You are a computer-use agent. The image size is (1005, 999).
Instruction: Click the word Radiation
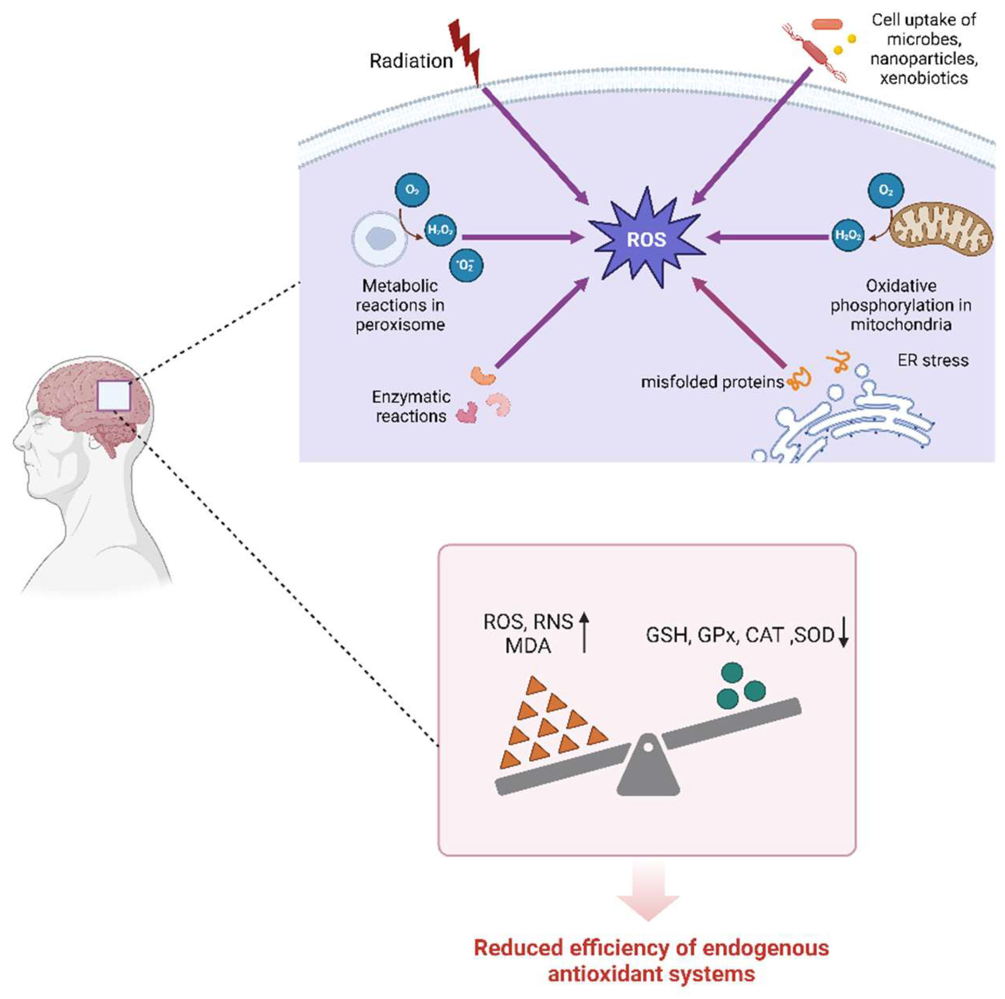click(x=410, y=61)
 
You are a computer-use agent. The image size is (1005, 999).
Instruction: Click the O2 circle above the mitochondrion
click(x=885, y=191)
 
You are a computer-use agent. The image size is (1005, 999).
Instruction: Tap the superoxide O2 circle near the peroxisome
click(x=466, y=266)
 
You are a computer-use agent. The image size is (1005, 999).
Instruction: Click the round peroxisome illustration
click(x=379, y=239)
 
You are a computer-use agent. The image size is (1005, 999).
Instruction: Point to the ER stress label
click(x=933, y=360)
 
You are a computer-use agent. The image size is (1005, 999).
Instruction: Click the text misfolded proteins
click(x=712, y=382)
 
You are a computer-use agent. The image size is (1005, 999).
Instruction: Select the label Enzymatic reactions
click(x=410, y=406)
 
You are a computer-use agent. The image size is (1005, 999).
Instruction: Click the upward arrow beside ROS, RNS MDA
click(x=584, y=632)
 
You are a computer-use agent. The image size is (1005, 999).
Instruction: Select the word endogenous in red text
click(x=765, y=947)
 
